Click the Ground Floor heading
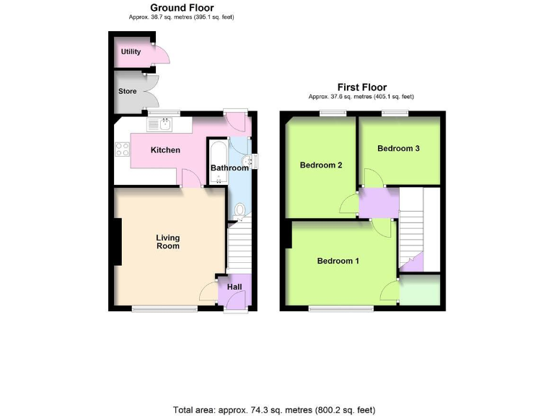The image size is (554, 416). [x=181, y=8]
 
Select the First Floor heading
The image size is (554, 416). [x=361, y=87]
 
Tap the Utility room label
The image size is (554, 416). [x=131, y=52]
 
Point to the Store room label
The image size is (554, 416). [x=127, y=92]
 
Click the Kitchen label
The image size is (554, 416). [x=164, y=150]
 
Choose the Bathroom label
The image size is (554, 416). [x=229, y=168]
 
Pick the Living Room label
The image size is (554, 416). [x=168, y=242]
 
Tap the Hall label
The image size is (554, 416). [x=234, y=287]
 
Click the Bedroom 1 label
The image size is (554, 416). [x=338, y=261]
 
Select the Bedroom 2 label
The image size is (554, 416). [x=321, y=165]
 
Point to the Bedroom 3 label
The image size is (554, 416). [x=398, y=148]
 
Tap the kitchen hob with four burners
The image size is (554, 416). [x=122, y=152]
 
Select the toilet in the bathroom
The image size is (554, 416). [x=241, y=210]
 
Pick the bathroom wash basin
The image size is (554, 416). [x=246, y=160]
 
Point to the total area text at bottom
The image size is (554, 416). [x=274, y=409]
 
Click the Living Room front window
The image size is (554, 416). [x=164, y=309]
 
